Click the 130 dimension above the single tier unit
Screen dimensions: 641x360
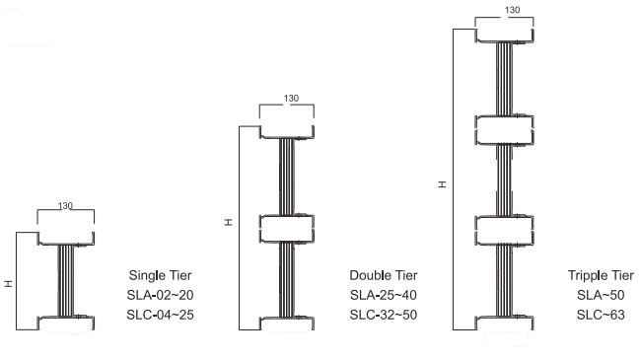pos(65,206)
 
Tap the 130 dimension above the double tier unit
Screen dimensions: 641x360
pos(291,99)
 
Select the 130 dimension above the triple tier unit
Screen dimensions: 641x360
pos(512,10)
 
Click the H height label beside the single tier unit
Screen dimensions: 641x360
pos(9,283)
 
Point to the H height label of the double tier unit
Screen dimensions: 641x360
pos(229,222)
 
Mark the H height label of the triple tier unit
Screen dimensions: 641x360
pos(443,184)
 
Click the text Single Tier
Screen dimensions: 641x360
pos(160,275)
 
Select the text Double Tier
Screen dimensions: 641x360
pos(384,275)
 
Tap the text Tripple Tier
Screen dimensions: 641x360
pos(601,275)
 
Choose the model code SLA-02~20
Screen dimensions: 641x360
pos(160,295)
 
